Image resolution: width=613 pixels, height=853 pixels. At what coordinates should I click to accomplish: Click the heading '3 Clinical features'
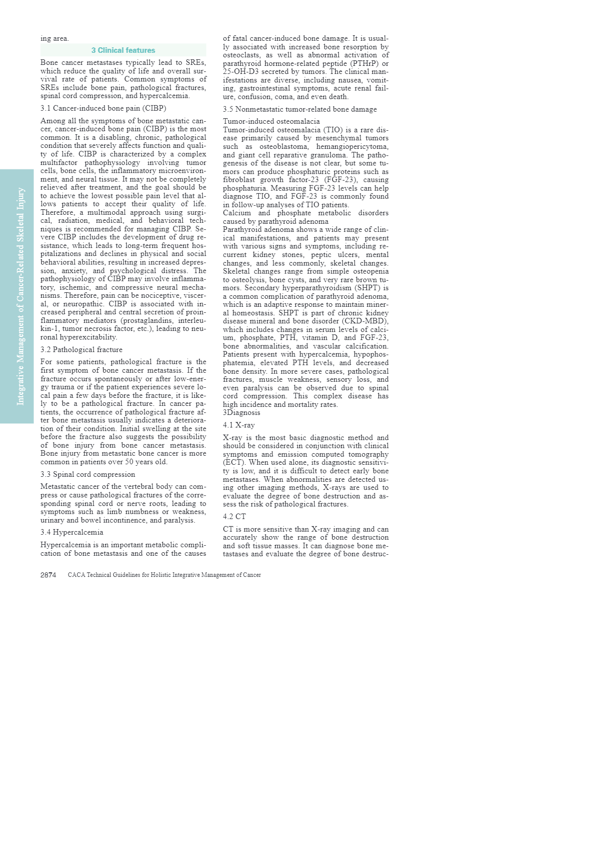(123, 50)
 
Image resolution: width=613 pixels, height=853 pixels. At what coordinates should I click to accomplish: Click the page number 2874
(48, 575)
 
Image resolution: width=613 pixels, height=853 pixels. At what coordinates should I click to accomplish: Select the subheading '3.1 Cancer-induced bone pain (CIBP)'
(103, 108)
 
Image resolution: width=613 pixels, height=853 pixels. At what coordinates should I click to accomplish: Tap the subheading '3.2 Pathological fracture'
(82, 350)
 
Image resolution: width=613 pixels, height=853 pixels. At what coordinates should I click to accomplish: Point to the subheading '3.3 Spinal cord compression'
(88, 474)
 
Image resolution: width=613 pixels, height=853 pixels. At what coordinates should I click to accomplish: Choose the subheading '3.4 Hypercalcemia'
(72, 532)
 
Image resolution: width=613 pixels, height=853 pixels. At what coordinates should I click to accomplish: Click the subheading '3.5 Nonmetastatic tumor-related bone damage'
(299, 109)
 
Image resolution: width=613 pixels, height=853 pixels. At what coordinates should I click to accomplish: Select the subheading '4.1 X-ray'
(239, 425)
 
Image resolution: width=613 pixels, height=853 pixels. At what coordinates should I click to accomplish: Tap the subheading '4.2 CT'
(234, 517)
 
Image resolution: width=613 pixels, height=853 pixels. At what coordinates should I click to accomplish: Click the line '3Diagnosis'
(242, 412)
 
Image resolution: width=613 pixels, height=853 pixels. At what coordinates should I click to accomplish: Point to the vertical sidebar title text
(21, 296)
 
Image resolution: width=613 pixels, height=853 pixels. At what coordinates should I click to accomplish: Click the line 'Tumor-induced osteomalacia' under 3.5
(271, 121)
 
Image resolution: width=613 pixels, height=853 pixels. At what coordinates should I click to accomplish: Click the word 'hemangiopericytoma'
(352, 146)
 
